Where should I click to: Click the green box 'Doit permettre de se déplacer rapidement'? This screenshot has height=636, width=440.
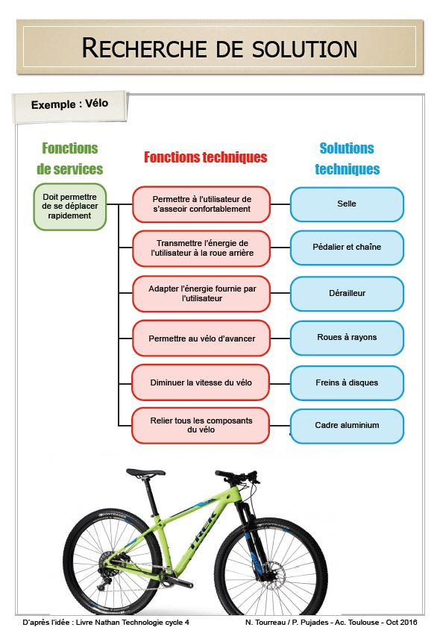[x=70, y=207]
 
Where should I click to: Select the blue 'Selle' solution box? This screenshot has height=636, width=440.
[x=347, y=204]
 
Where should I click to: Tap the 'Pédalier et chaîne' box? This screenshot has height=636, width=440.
[x=347, y=248]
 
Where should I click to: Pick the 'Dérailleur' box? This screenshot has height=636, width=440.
[x=347, y=293]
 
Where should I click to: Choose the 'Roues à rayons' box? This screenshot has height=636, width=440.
[x=347, y=338]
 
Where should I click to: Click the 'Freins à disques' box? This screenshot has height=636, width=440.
[x=347, y=382]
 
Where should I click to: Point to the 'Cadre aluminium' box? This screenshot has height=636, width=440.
[x=347, y=426]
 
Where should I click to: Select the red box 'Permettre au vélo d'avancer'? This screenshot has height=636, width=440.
[x=201, y=339]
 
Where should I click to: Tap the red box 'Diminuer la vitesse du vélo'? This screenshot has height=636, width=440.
[x=201, y=382]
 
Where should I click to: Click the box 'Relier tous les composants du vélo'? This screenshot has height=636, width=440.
[x=201, y=425]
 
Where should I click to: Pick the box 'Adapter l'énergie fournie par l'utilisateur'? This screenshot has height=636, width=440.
[x=201, y=294]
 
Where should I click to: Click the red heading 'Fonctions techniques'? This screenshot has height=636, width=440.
[x=206, y=157]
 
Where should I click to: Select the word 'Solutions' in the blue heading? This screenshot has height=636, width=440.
[x=347, y=148]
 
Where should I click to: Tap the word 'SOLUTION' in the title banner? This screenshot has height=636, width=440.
[x=304, y=48]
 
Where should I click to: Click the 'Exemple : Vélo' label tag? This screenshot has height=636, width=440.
[x=70, y=105]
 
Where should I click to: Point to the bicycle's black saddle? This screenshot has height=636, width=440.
[x=145, y=473]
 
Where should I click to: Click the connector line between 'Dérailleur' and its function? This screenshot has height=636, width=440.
[x=280, y=293]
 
